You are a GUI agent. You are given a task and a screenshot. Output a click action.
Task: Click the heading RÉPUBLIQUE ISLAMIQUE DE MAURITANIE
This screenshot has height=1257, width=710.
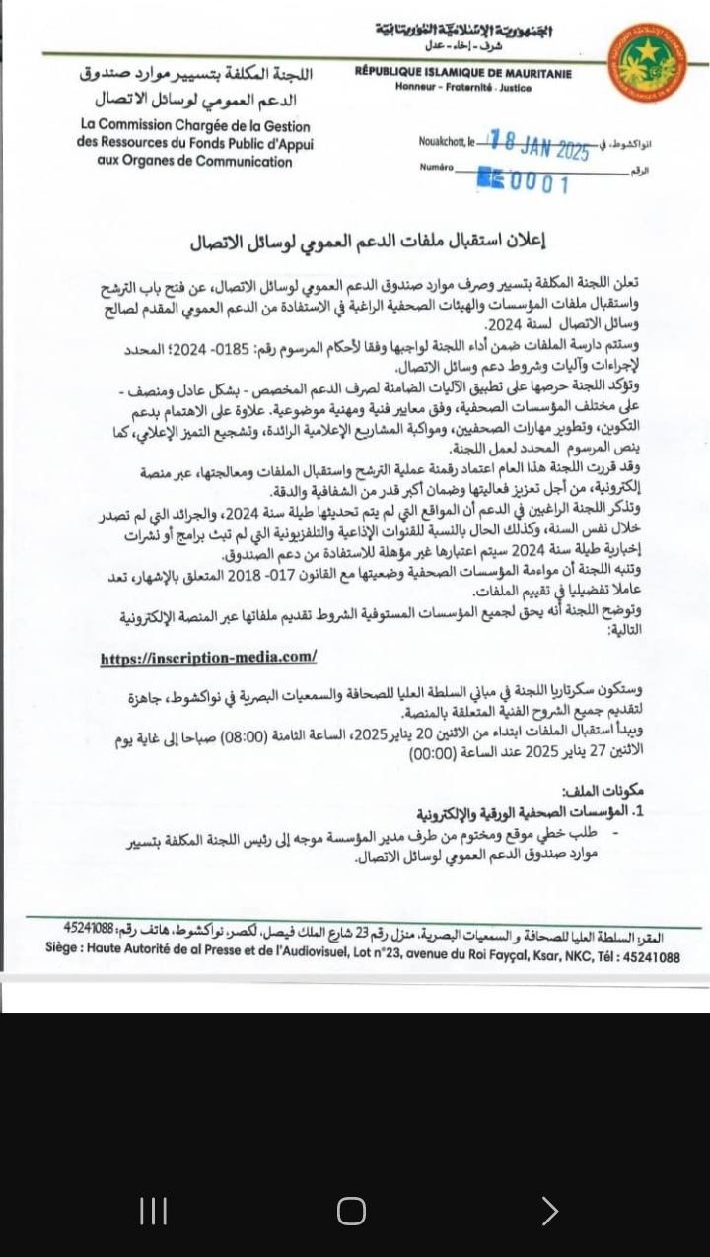tap(462, 74)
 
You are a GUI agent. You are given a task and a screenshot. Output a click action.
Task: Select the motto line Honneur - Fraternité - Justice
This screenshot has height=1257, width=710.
tap(462, 88)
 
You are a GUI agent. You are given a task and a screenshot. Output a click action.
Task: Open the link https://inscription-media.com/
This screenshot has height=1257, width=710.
tap(208, 658)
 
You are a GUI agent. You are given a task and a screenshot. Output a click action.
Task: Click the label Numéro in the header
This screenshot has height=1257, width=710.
tap(435, 169)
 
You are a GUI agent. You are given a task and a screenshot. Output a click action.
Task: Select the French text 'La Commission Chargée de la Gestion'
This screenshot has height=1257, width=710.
tap(196, 126)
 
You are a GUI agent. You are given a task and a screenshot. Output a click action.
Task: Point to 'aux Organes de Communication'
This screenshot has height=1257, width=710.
tap(195, 161)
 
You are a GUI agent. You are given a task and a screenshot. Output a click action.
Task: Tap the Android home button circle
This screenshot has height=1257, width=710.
tap(351, 1211)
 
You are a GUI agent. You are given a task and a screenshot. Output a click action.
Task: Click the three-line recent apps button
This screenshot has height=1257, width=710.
tap(153, 1211)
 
